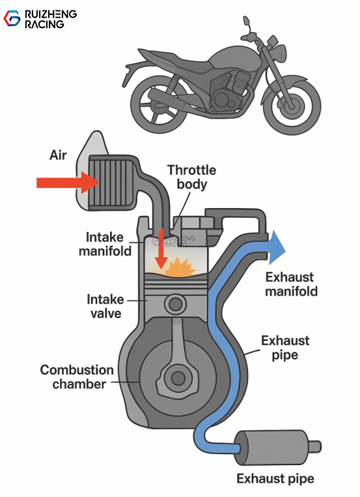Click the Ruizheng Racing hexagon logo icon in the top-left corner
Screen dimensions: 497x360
pos(12,18)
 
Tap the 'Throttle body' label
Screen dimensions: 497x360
pos(191,177)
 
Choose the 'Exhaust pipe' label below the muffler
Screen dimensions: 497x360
pos(275,479)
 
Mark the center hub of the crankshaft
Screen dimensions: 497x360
pos(175,377)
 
